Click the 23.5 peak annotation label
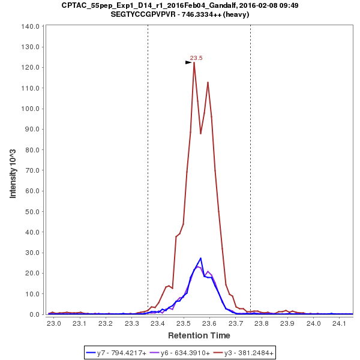pyautogui.click(x=196, y=58)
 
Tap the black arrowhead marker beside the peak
pyautogui.click(x=188, y=62)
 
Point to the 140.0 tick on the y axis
pyautogui.click(x=31, y=26)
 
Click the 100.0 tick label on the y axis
pyautogui.click(x=31, y=109)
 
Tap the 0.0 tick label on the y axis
pyautogui.click(x=34, y=314)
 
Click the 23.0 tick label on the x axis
pyautogui.click(x=55, y=323)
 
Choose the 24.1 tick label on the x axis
pyautogui.click(x=340, y=323)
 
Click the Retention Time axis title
pyautogui.click(x=199, y=335)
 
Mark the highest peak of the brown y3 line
pyautogui.click(x=194, y=62)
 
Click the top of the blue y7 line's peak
pyautogui.click(x=200, y=258)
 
